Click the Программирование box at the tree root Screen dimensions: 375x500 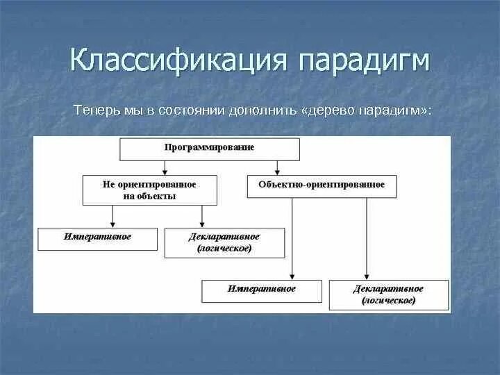[x=210, y=149]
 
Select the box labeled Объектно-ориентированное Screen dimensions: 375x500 [x=322, y=185]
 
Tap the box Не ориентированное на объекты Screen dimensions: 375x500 [x=150, y=190]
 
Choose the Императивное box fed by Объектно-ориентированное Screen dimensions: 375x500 [x=261, y=290]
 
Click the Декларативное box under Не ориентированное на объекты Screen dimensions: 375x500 [x=224, y=242]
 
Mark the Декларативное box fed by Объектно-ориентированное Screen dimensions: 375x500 [x=388, y=294]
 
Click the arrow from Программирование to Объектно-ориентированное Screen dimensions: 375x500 [x=278, y=167]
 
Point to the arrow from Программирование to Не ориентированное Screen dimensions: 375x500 [x=164, y=167]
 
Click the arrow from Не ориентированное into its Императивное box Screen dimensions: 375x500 [x=112, y=216]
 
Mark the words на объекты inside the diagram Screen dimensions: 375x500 [x=149, y=197]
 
